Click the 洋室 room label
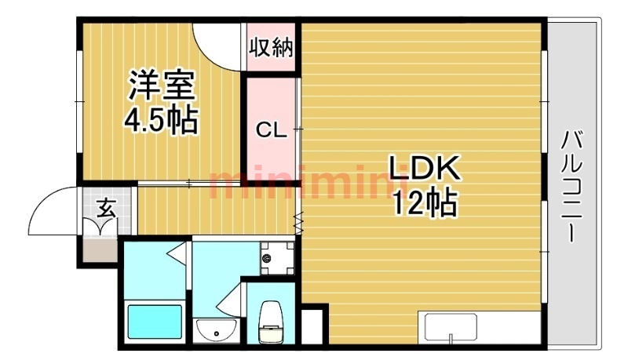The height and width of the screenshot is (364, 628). [162, 85]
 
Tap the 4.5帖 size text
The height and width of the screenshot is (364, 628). [161, 120]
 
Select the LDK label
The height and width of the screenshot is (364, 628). [424, 169]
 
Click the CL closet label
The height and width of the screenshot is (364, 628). [272, 129]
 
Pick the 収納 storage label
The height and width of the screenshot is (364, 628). [271, 48]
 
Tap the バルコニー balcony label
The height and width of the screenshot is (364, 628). [573, 186]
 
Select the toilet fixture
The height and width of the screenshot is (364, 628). [271, 322]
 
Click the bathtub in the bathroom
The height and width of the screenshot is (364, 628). [155, 322]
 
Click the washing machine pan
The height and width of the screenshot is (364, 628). [277, 258]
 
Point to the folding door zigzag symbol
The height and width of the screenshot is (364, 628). [298, 223]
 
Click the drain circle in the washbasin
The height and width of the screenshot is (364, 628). [217, 333]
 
